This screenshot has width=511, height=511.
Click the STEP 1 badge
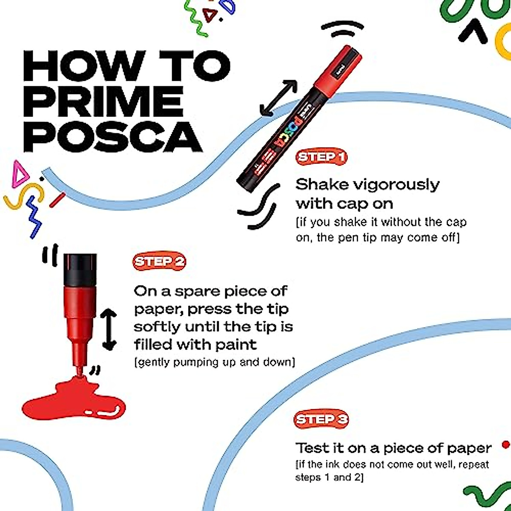tap(322, 157)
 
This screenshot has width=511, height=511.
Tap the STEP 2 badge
tap(160, 261)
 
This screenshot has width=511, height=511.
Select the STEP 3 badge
tap(321, 419)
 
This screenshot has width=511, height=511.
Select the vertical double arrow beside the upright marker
tap(109, 330)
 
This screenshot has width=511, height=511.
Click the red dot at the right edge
tap(505, 445)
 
